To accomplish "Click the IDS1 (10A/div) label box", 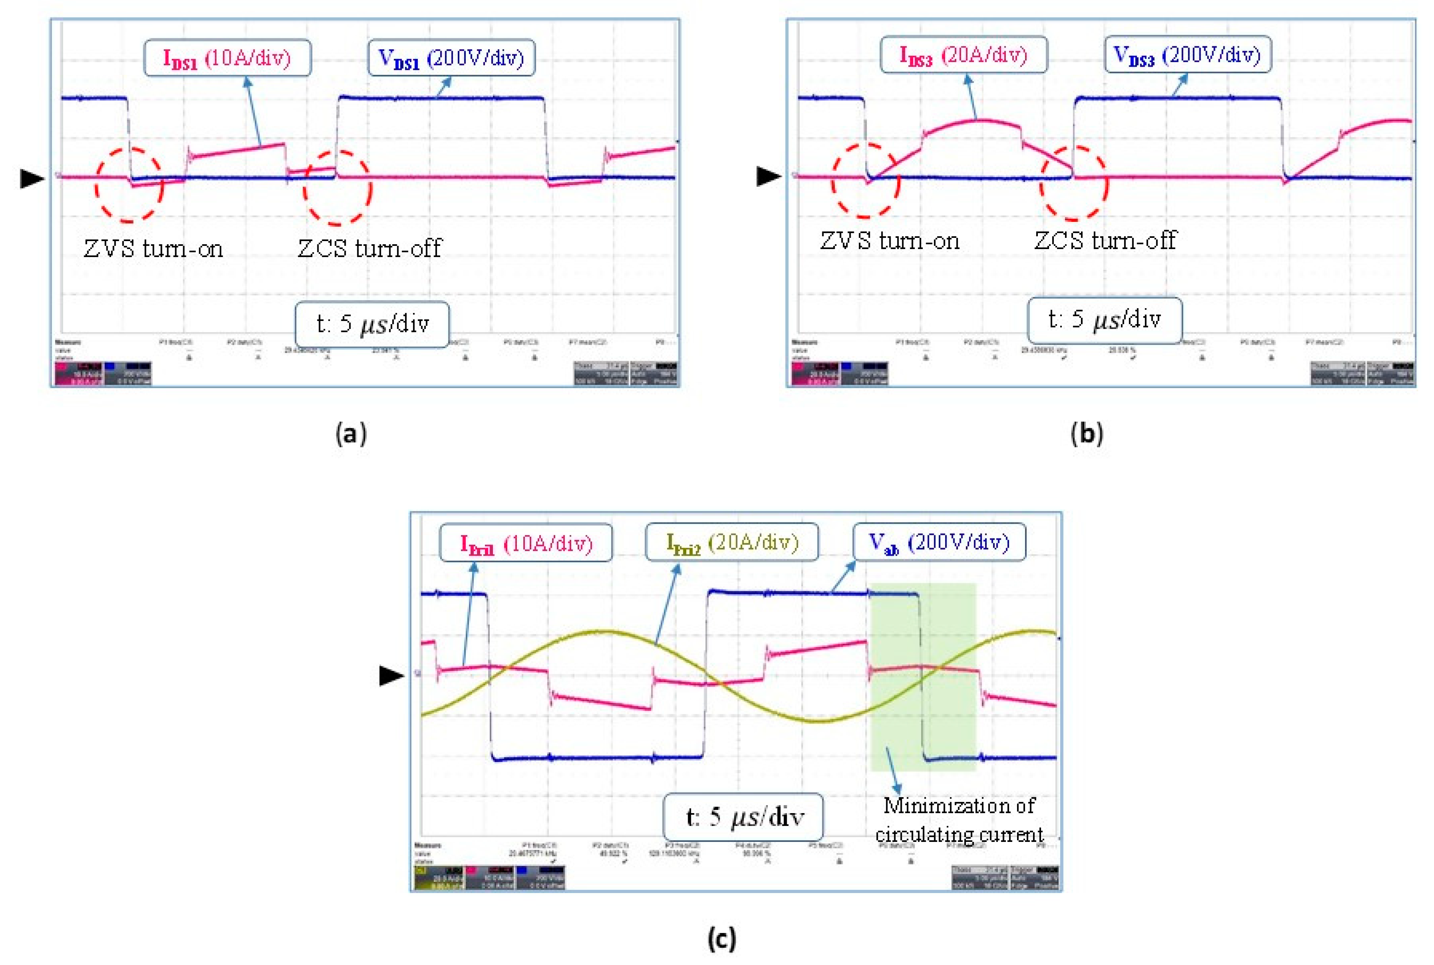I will click(x=227, y=58).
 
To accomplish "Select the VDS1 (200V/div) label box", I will click(x=451, y=58).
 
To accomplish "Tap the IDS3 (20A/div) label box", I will click(x=964, y=55).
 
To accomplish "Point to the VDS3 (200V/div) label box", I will click(x=1188, y=55).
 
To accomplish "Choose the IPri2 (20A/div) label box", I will click(x=732, y=542).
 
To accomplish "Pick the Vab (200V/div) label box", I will click(x=939, y=542).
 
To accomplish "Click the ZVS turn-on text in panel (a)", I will click(x=153, y=249).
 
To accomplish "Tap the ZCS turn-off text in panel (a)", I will click(x=370, y=249).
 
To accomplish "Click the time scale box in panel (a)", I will click(x=372, y=324).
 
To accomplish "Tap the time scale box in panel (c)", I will click(x=743, y=817).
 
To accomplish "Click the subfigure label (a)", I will click(x=351, y=434).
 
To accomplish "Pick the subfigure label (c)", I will click(x=721, y=939).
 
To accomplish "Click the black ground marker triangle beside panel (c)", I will click(x=391, y=676).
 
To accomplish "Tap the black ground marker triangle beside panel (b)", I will click(x=768, y=176).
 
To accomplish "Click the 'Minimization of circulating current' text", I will click(x=959, y=820).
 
